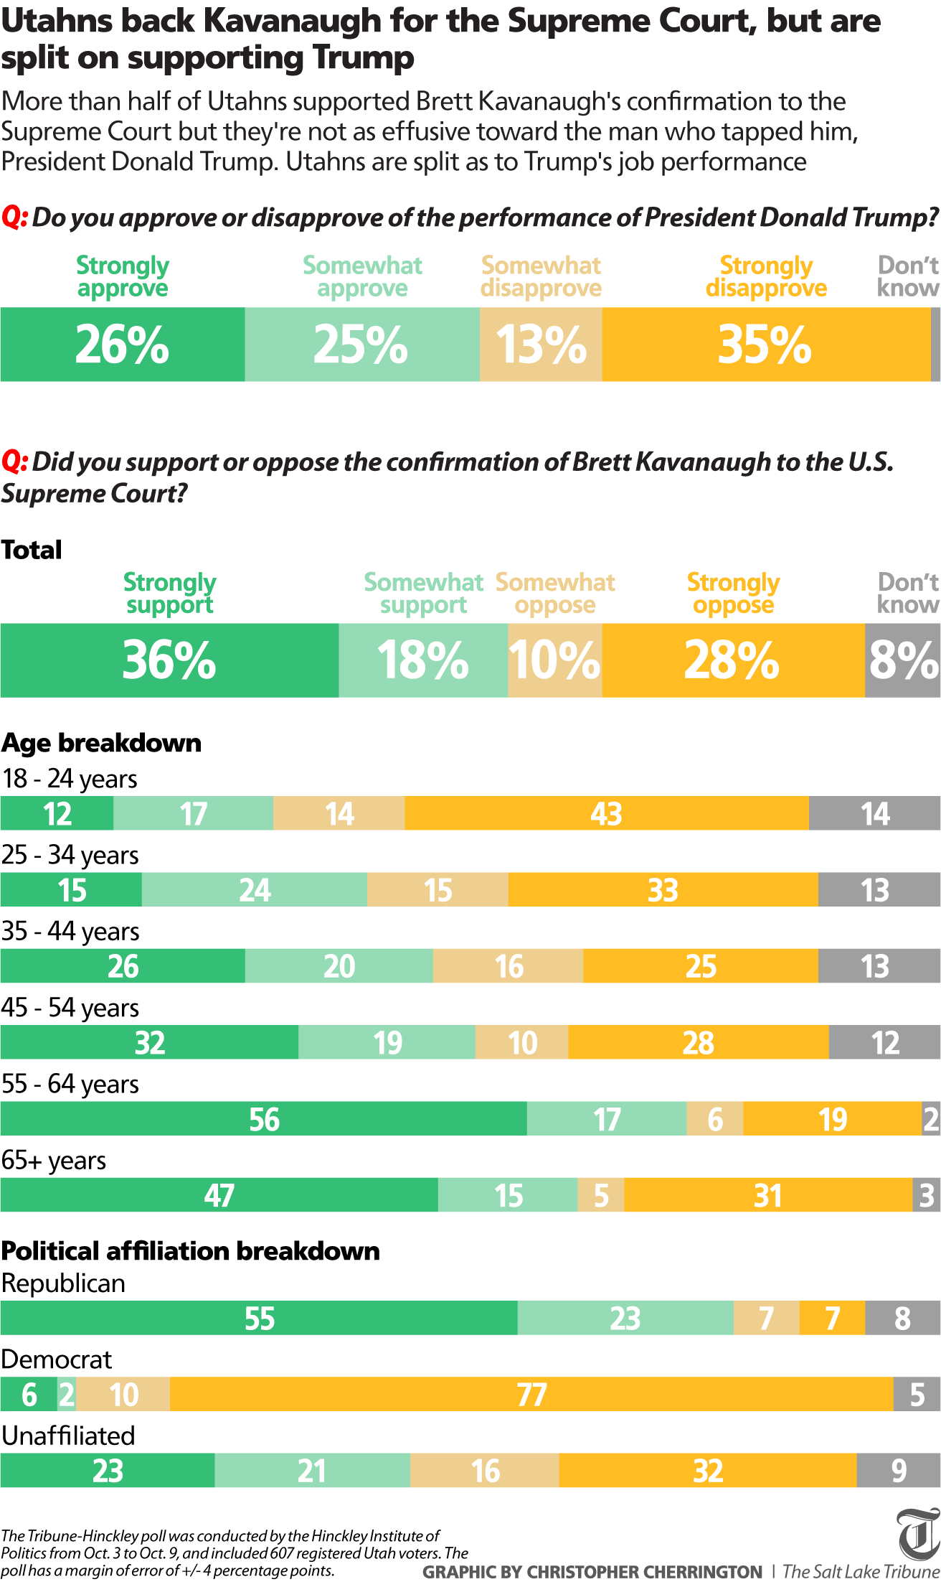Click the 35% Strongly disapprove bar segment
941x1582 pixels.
tap(766, 345)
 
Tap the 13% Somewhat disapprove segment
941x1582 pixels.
tap(541, 345)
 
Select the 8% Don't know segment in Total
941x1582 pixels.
tap(903, 660)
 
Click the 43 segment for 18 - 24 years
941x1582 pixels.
tap(607, 813)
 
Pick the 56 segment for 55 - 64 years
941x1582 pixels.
tap(264, 1119)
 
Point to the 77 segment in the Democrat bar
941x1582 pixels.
tap(531, 1395)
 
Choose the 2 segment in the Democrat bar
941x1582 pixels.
tap(67, 1395)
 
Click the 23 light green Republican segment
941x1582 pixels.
tap(625, 1319)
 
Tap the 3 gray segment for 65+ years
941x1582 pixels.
tap(927, 1195)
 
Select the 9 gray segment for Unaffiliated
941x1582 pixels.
tap(899, 1471)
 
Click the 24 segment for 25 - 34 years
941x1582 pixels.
tap(255, 890)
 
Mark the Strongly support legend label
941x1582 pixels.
tap(170, 593)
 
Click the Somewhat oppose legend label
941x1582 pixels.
tap(555, 593)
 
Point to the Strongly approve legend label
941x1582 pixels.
tap(123, 276)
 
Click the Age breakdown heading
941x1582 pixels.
tap(101, 743)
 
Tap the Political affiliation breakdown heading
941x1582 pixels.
tap(190, 1251)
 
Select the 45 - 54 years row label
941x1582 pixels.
tap(70, 1008)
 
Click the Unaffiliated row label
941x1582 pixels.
tap(68, 1436)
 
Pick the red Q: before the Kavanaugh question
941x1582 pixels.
tap(14, 462)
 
